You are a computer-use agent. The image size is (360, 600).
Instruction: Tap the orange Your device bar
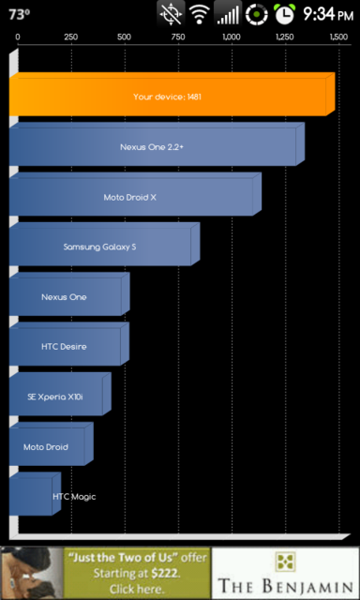point(169,97)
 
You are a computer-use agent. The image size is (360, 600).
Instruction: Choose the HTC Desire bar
point(66,347)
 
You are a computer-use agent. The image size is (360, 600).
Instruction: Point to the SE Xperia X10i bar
point(56,397)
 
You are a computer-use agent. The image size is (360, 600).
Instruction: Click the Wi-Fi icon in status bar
point(199,14)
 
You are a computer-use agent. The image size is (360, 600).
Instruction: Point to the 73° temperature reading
point(19,14)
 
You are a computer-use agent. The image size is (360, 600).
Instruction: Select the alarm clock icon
point(284,14)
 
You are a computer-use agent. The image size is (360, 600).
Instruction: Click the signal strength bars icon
point(227,14)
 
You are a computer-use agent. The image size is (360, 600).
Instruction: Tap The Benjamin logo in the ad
point(285,573)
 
